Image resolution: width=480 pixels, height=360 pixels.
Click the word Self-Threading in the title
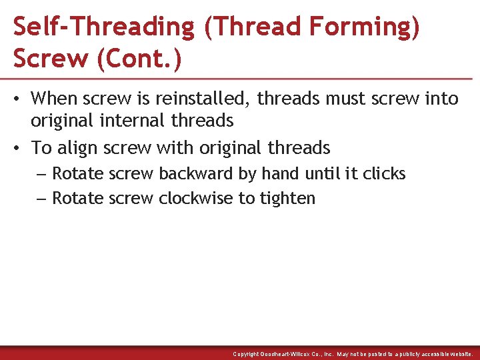coord(104,27)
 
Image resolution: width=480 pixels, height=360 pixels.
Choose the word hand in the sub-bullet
coord(281,174)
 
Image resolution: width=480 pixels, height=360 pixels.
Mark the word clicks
coord(384,174)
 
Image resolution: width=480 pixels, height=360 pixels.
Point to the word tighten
coord(288,198)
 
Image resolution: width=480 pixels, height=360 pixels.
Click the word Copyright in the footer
coord(247,354)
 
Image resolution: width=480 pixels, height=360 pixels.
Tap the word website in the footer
coord(457,354)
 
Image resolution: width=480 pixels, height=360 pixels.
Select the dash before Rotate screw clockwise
coord(41,198)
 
